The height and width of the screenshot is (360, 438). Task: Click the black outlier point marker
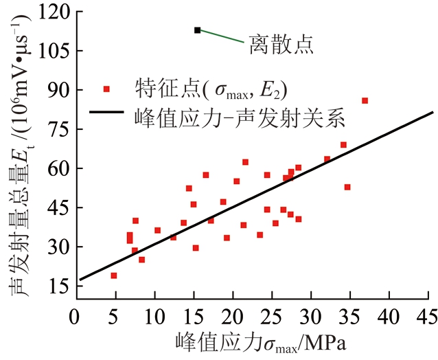(198, 30)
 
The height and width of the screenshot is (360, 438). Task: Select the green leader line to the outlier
(222, 36)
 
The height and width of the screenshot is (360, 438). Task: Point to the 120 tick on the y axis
(51, 12)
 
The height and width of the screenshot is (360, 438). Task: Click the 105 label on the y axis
(51, 51)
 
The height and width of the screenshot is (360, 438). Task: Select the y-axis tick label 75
(56, 129)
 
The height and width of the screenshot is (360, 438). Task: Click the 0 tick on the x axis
(75, 317)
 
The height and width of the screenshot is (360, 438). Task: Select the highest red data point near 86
(365, 100)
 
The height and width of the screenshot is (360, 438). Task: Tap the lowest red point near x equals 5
(114, 275)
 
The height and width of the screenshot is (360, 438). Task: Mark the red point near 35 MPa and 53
(347, 187)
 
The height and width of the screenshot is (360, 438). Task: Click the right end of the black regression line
(433, 112)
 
